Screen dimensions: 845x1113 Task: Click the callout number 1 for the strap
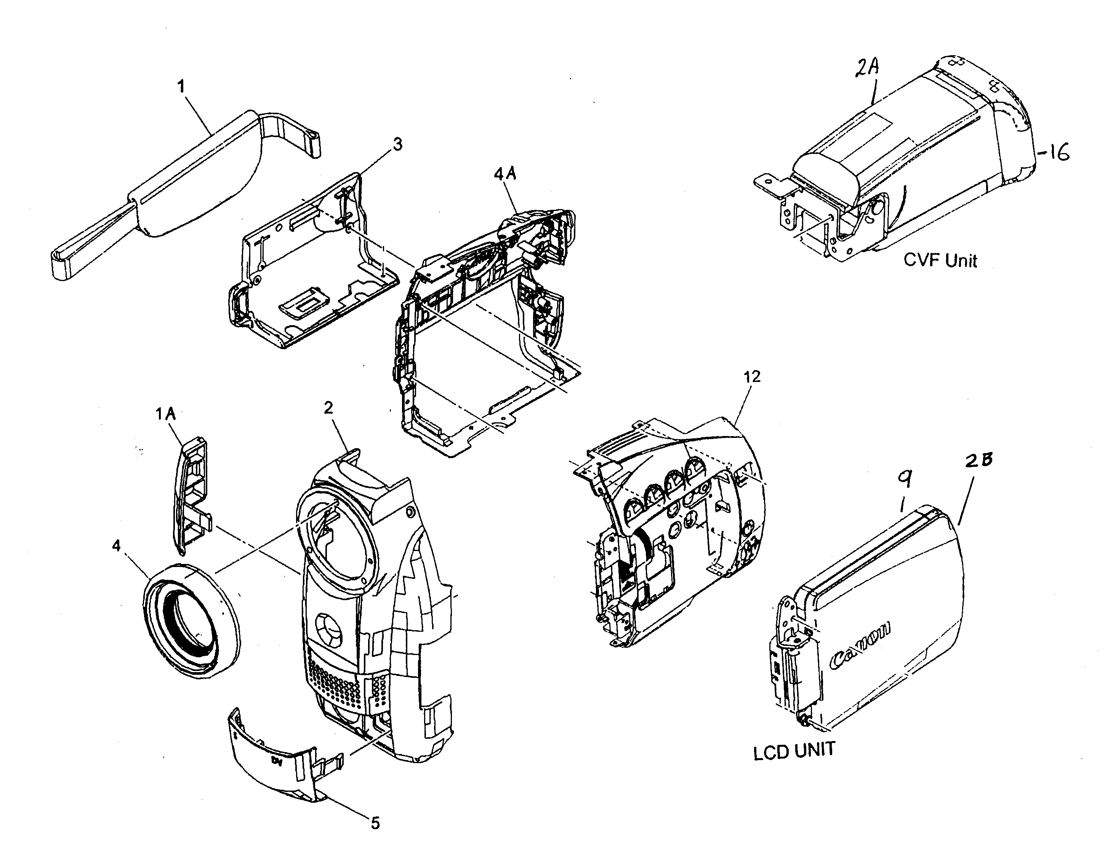tap(181, 86)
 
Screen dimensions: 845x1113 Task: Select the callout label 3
tap(397, 145)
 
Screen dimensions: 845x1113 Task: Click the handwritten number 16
tap(1055, 152)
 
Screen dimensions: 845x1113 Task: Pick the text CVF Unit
tap(940, 260)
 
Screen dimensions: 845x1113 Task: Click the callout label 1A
tap(165, 414)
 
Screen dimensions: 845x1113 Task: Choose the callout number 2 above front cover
tap(328, 407)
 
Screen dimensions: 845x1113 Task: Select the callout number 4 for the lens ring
tap(116, 546)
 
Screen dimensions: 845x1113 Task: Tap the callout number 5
tap(375, 823)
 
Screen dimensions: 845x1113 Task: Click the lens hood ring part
tap(191, 621)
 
